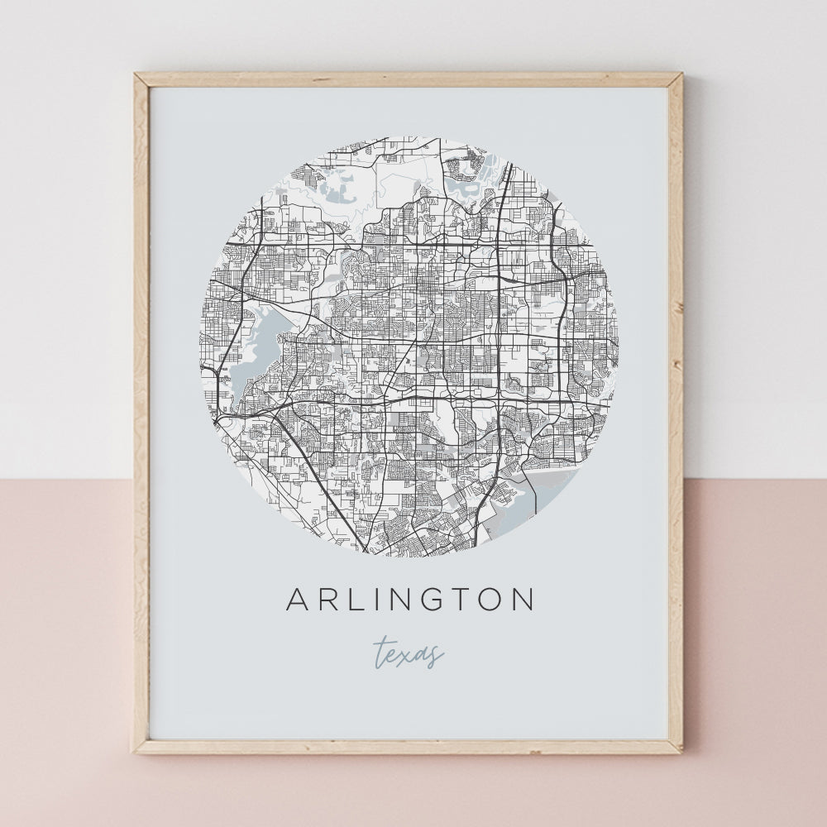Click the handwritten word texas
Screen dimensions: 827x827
pos(409,653)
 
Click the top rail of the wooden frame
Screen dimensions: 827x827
pos(409,80)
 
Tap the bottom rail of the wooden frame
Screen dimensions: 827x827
pos(409,746)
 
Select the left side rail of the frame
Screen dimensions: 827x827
pos(142,413)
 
